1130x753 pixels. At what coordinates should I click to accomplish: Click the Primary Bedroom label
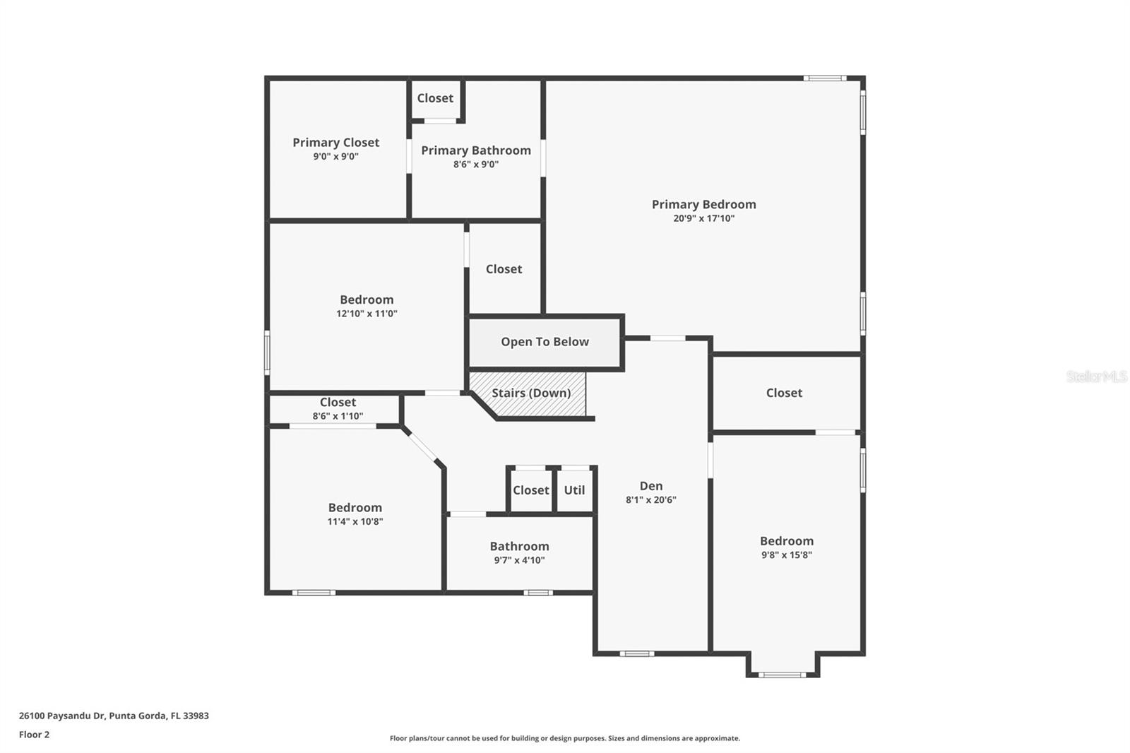pyautogui.click(x=703, y=204)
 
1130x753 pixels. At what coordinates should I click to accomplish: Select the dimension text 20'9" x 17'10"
pyautogui.click(x=703, y=218)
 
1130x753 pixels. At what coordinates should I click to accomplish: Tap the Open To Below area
pyautogui.click(x=545, y=342)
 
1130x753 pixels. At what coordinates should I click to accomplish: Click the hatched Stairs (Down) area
pyautogui.click(x=530, y=393)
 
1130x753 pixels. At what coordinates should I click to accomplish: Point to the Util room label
pyautogui.click(x=574, y=490)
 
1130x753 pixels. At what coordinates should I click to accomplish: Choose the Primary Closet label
pyautogui.click(x=336, y=143)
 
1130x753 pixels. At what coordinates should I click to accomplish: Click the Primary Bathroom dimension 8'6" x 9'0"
pyautogui.click(x=476, y=165)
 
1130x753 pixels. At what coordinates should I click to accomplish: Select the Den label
pyautogui.click(x=650, y=486)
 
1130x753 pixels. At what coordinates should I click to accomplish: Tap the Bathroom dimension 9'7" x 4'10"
pyautogui.click(x=519, y=560)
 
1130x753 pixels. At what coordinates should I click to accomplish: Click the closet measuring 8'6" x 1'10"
pyautogui.click(x=338, y=409)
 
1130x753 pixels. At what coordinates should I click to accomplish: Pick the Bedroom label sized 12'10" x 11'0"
pyautogui.click(x=367, y=300)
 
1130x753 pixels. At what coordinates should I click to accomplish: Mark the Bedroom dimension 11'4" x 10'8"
pyautogui.click(x=355, y=521)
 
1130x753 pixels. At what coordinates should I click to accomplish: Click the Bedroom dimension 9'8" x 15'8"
pyautogui.click(x=786, y=555)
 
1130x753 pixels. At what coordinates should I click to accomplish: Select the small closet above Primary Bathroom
pyautogui.click(x=435, y=98)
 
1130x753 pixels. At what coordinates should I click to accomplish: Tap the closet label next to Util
pyautogui.click(x=530, y=490)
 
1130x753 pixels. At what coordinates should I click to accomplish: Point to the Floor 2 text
pyautogui.click(x=34, y=735)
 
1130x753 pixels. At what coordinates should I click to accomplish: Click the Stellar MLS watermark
pyautogui.click(x=1096, y=376)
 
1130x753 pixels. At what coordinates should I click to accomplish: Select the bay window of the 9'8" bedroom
pyautogui.click(x=782, y=674)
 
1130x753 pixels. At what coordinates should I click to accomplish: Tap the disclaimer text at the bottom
pyautogui.click(x=564, y=738)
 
